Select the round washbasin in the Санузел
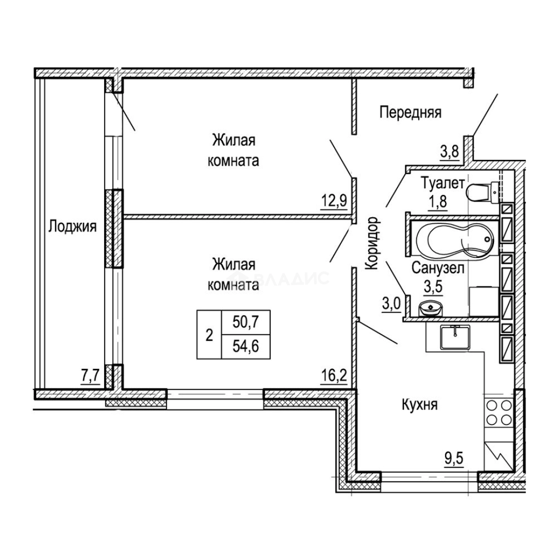[x=431, y=308]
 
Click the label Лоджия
[x=73, y=226]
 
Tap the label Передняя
[x=411, y=112]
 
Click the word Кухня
[x=419, y=405]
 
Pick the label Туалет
[x=443, y=183]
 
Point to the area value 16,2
[x=335, y=375]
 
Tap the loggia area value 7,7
[x=90, y=375]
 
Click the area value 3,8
[x=450, y=153]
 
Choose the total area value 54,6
[x=246, y=346]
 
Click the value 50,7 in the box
[x=246, y=322]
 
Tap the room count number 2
[x=209, y=334]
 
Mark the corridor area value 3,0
[x=392, y=304]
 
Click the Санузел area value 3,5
[x=434, y=286]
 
